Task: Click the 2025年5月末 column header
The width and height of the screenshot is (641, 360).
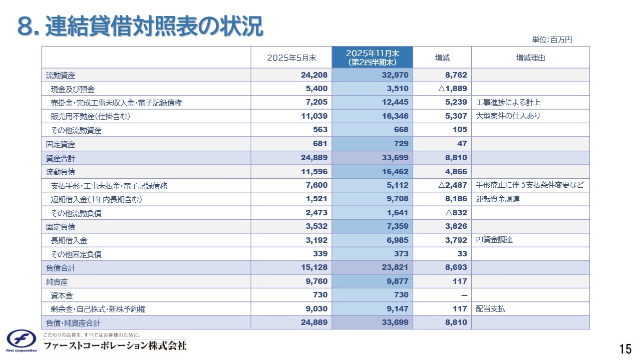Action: point(291,58)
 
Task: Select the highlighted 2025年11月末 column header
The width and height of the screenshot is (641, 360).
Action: point(372,58)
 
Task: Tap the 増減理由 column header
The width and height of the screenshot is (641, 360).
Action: point(530,58)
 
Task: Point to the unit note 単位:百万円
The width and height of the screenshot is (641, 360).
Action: point(552,40)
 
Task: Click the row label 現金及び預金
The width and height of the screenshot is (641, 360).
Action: point(73,89)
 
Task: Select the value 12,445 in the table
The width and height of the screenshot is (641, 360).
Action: point(395,103)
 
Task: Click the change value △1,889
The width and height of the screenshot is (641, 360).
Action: point(452,89)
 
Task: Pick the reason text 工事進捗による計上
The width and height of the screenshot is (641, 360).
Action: point(508,103)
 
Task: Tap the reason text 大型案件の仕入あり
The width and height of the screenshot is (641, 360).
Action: point(508,116)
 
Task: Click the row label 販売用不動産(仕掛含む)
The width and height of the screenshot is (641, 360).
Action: point(94,117)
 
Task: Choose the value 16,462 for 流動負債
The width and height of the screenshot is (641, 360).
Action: point(395,172)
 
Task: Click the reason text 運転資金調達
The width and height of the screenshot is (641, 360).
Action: point(498,199)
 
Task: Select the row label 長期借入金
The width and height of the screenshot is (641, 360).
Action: point(69,241)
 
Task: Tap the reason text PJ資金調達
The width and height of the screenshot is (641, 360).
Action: point(494,240)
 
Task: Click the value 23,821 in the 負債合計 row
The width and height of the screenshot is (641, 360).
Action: point(395,268)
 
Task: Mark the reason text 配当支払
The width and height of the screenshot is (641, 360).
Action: point(491,309)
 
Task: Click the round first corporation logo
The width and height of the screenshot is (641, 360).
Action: point(22,339)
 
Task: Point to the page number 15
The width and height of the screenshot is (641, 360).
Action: point(625,348)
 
